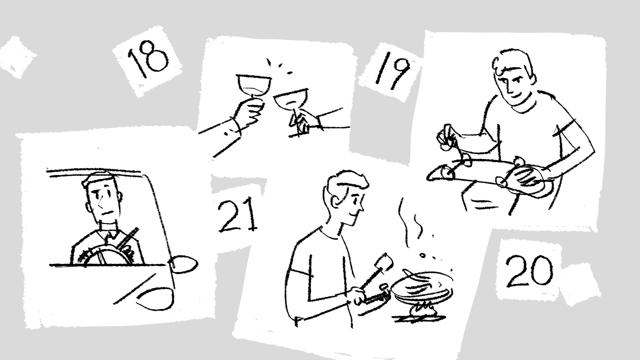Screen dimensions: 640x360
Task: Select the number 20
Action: pos(529,270)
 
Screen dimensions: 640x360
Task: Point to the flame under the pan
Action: pos(422,310)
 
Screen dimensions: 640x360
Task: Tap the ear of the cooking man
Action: pos(336,201)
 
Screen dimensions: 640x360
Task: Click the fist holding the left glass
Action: pos(249,111)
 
